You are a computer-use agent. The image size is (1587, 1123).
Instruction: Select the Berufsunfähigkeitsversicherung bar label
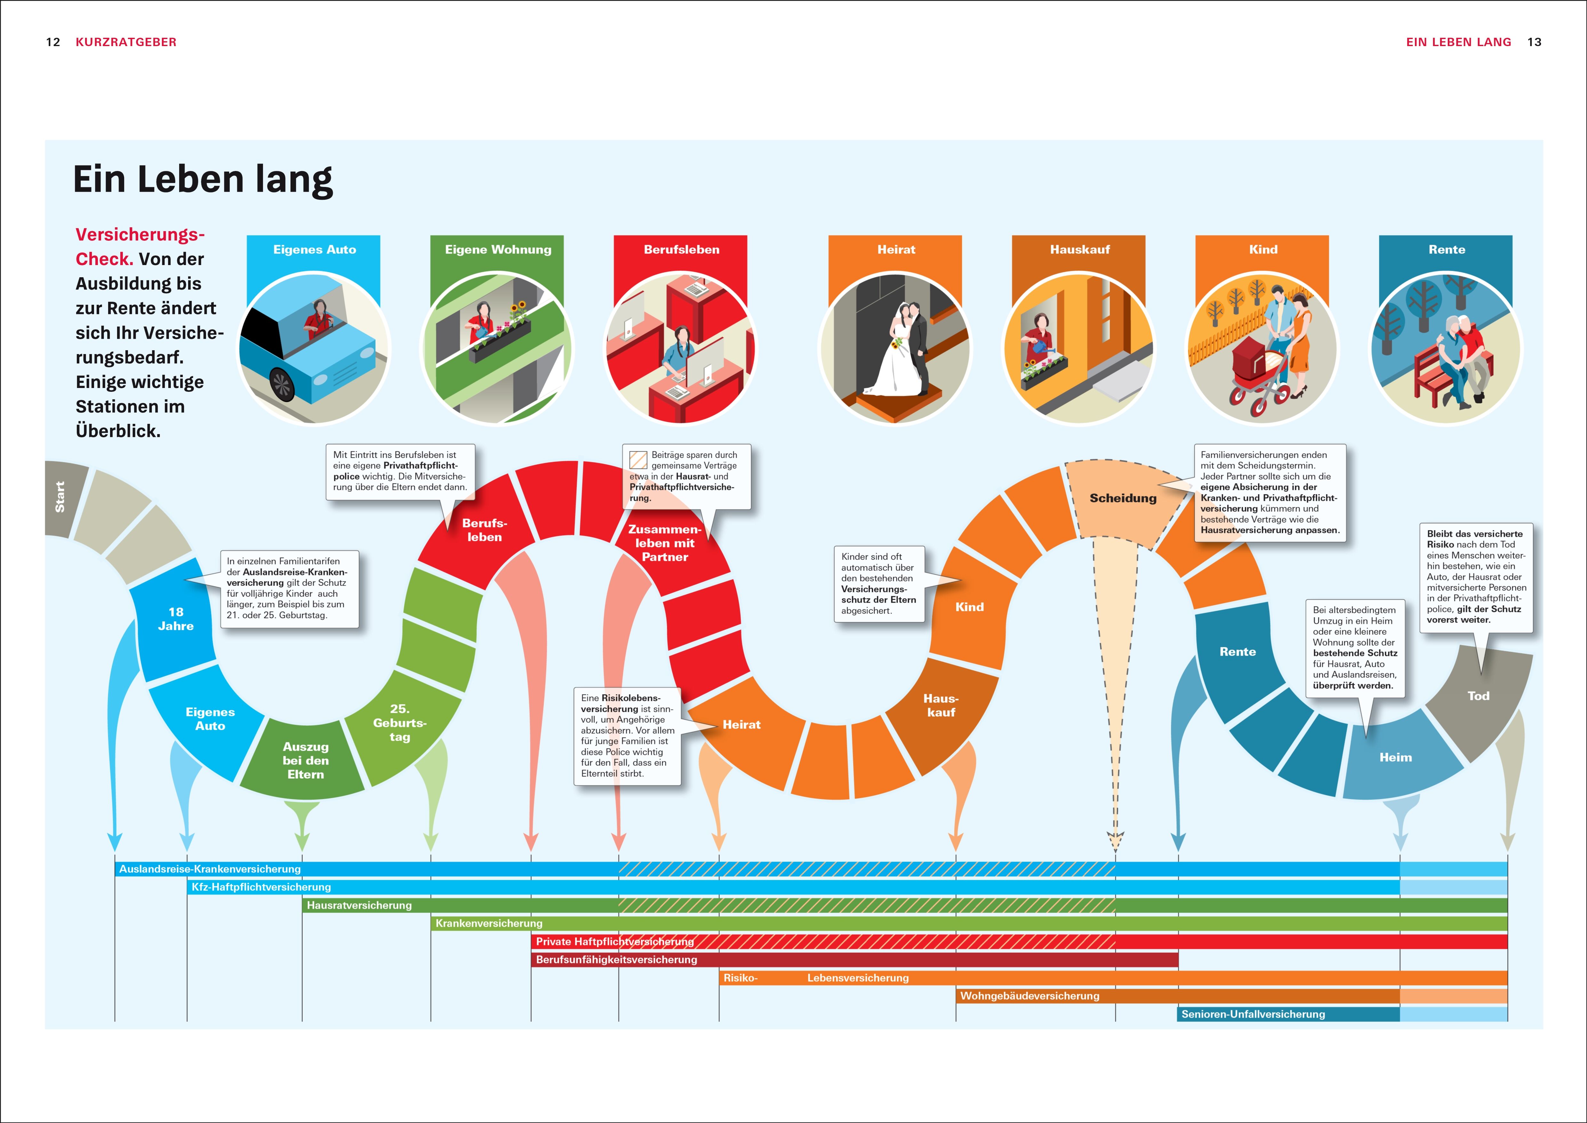(617, 960)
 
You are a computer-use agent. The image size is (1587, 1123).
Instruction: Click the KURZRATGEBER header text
(126, 42)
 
